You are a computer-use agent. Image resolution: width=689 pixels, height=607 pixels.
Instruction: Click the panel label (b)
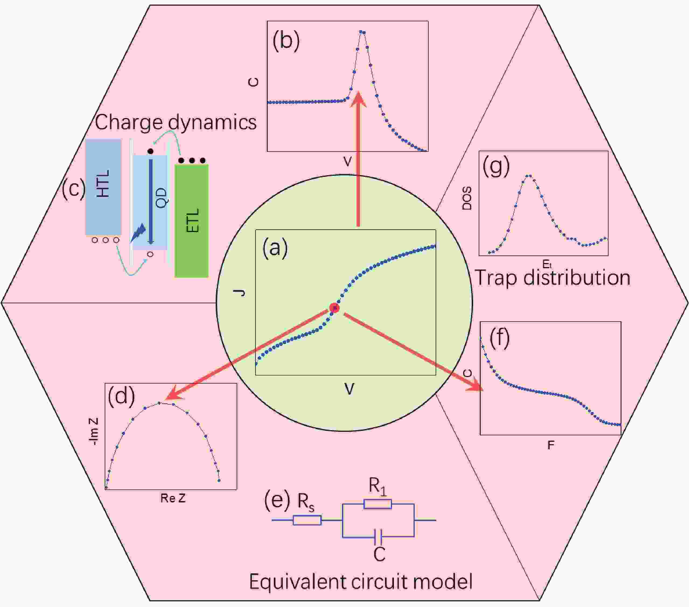(286, 41)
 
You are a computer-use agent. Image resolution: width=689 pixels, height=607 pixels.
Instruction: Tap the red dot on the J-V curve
(334, 307)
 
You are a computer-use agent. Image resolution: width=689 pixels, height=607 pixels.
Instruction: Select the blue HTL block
(103, 187)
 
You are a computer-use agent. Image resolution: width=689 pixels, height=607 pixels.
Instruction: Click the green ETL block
(191, 221)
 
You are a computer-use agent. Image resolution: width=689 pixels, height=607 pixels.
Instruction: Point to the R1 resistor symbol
(377, 504)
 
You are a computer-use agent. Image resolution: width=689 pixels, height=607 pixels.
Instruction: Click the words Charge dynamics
(176, 122)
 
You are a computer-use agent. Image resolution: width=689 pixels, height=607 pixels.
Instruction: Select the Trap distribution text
(552, 278)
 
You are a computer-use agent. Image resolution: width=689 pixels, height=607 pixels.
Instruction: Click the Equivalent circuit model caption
(361, 582)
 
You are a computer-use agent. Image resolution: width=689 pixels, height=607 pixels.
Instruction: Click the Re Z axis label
(173, 498)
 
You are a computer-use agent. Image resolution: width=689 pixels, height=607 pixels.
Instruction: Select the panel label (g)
(496, 167)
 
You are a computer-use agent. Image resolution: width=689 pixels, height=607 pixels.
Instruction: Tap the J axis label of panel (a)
(240, 292)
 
